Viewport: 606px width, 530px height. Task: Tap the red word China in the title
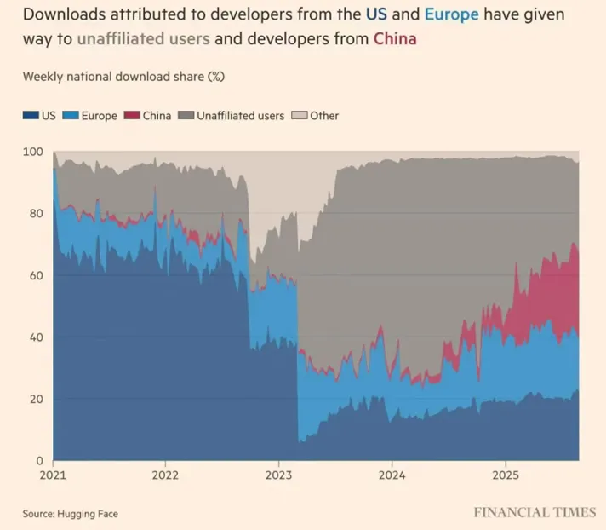pos(394,39)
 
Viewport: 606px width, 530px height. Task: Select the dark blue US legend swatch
pos(30,115)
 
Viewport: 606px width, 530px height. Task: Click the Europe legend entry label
pos(99,115)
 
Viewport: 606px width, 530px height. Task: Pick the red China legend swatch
pos(131,115)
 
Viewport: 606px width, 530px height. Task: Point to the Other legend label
pos(324,115)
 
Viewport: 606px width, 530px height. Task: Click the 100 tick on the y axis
pos(31,152)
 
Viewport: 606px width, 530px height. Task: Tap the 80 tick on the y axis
pos(35,214)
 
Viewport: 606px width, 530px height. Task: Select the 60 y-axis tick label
pos(35,276)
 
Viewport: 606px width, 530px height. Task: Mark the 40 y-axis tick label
pos(35,337)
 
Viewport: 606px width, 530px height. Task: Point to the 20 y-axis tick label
pos(35,400)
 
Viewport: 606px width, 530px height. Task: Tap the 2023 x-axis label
pos(279,475)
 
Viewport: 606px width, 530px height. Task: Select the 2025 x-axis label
pos(506,475)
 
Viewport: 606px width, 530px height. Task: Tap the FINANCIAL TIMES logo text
pos(535,512)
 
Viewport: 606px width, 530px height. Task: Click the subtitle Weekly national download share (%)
pos(123,77)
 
